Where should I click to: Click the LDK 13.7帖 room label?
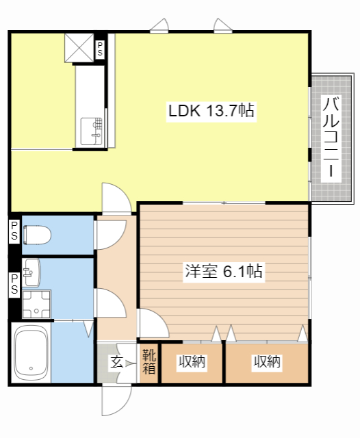pos(211,111)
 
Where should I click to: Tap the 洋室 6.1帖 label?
pos(224,271)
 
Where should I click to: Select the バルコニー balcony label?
pos(331,138)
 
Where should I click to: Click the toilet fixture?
pos(37,235)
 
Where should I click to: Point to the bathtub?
pos(31,353)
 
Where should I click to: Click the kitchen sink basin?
pos(91,131)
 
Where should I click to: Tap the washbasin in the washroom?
pos(31,272)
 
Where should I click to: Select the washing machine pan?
pos(36,304)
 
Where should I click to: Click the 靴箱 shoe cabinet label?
pos(149,362)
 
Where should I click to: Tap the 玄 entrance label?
pos(117,362)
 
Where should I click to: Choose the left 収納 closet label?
pos(192,362)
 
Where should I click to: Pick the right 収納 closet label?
pos(267,362)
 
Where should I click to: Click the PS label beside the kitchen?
pos(100,49)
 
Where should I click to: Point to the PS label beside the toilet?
pos(14,231)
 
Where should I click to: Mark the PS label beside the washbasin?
pos(14,284)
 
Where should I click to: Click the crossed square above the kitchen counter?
pos(79,48)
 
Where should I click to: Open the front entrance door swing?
pos(116,400)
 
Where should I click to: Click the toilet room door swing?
pos(110,235)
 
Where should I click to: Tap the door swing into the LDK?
pos(116,198)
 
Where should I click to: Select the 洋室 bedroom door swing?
pos(153,323)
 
